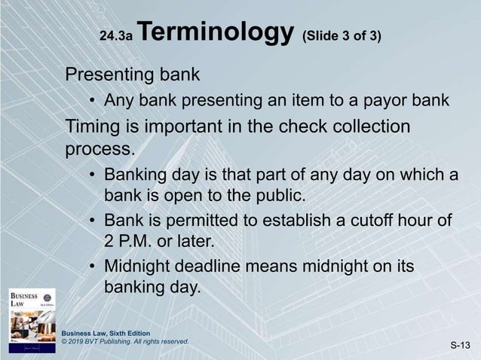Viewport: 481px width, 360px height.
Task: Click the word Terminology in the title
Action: (216, 33)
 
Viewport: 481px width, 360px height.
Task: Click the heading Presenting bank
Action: (133, 75)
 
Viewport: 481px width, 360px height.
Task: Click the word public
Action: (290, 197)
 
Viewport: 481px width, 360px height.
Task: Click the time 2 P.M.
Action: (129, 243)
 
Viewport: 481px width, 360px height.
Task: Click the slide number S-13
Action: (460, 345)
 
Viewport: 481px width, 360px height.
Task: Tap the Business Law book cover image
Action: (32, 319)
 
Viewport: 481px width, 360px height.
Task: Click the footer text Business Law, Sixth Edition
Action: (106, 333)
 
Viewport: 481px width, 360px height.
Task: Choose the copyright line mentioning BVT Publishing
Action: (124, 342)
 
